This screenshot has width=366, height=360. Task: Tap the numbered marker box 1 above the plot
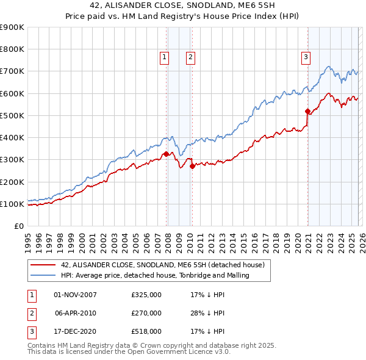(165, 57)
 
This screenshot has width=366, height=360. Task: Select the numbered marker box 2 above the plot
(190, 57)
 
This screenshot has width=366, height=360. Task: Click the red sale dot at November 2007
(166, 154)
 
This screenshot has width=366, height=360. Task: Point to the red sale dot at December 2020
(308, 112)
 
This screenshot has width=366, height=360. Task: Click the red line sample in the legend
(43, 265)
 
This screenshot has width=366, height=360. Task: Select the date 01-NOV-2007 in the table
(75, 295)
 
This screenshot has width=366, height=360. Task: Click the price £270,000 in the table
(146, 313)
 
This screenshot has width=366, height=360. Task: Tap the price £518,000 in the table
(146, 331)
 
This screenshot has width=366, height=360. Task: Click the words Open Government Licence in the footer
(182, 352)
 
